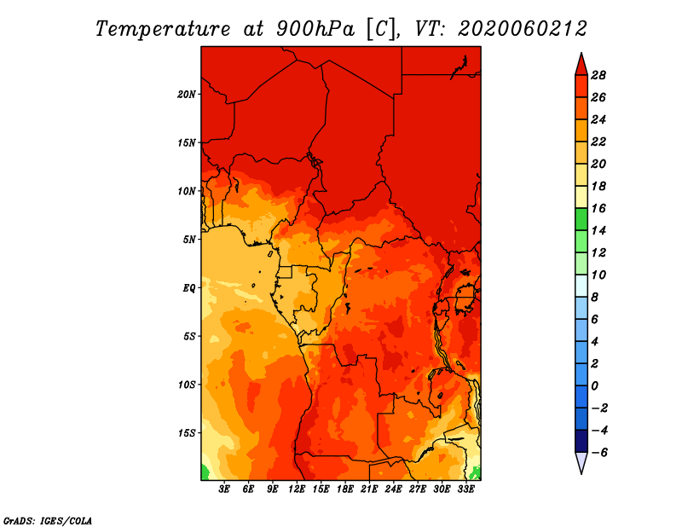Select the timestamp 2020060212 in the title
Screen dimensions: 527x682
tap(522, 28)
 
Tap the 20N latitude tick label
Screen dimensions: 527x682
tap(187, 94)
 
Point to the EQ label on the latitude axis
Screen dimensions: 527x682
tap(189, 287)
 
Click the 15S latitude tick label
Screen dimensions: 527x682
tap(187, 432)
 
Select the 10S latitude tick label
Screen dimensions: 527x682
tap(187, 384)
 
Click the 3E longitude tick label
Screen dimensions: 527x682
tap(225, 489)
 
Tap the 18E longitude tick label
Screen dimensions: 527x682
tap(345, 489)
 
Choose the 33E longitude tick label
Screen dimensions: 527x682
tap(465, 489)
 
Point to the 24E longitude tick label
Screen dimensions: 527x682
tap(393, 489)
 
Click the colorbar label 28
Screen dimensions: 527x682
tap(610, 75)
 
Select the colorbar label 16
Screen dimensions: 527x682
tap(610, 208)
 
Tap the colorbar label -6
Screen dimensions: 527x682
tap(610, 452)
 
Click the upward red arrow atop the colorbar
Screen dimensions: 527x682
tap(581, 64)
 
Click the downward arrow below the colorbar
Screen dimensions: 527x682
tap(581, 462)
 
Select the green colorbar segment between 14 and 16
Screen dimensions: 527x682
tap(581, 219)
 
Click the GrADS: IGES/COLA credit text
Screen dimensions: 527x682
tap(48, 519)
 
